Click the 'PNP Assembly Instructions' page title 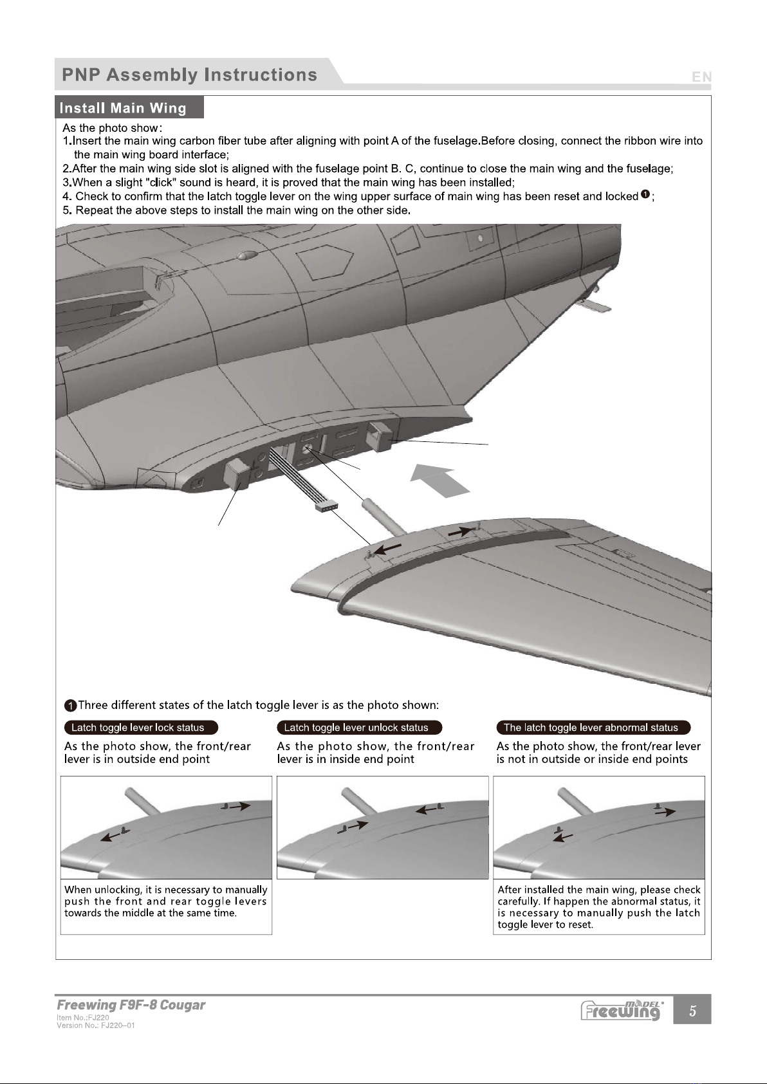coord(189,75)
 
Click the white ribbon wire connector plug coord(327,508)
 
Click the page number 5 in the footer coord(692,1011)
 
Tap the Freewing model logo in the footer coord(622,1010)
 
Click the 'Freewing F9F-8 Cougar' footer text coord(131,1005)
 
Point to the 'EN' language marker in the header coord(701,77)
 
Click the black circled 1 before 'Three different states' coord(70,705)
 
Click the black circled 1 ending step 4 coord(645,195)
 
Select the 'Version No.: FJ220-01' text coord(95,1025)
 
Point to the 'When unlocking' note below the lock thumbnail coord(166,901)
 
